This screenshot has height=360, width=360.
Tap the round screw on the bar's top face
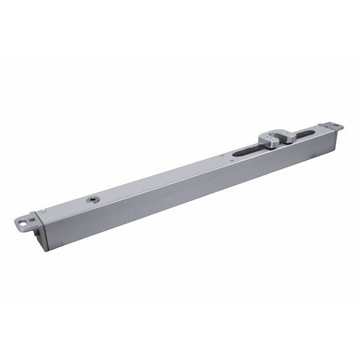pyautogui.click(x=90, y=200)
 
